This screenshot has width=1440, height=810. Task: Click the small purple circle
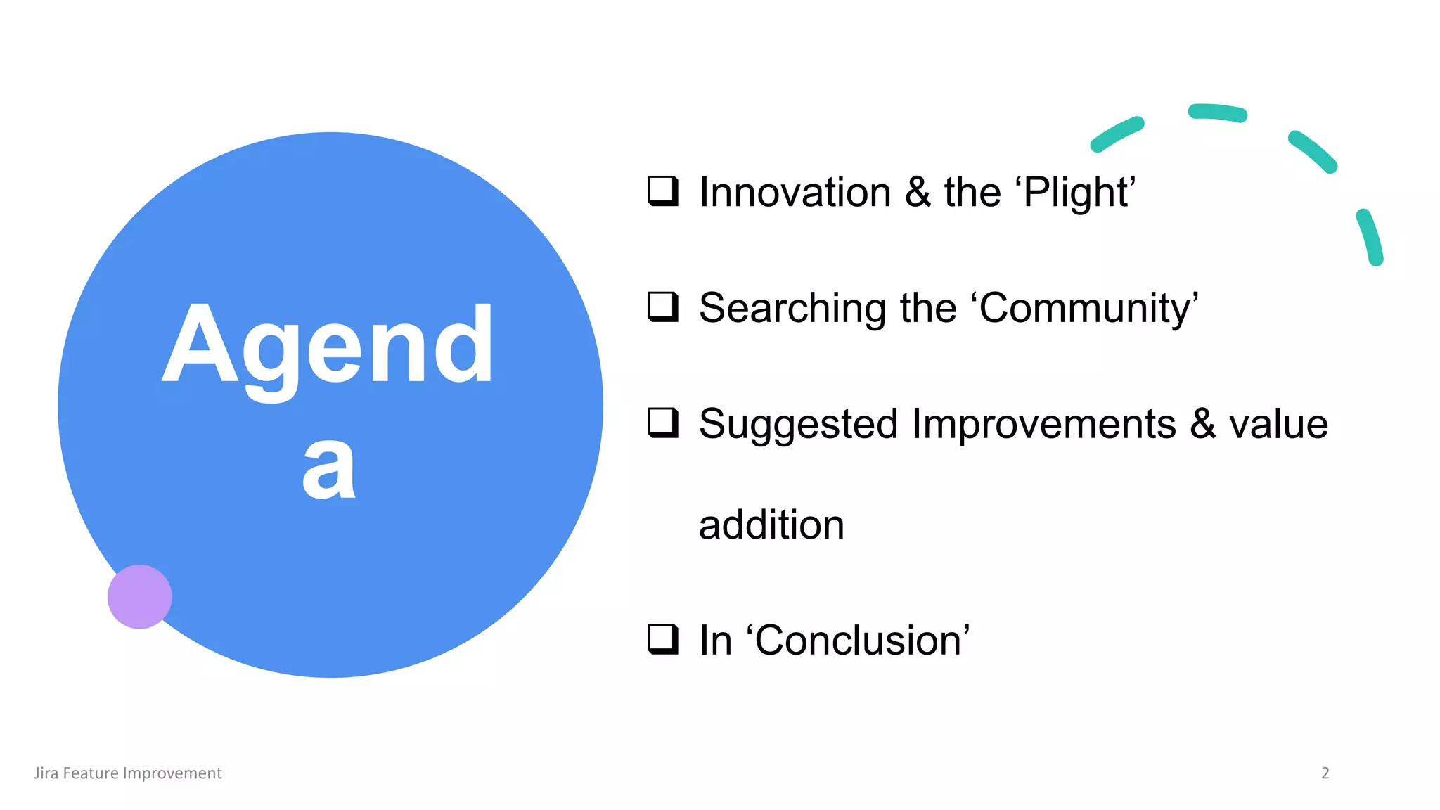click(x=139, y=596)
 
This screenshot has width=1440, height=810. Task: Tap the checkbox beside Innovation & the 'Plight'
click(x=662, y=191)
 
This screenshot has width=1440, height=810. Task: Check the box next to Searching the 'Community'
click(x=662, y=307)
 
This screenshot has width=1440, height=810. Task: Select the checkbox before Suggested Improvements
click(x=662, y=423)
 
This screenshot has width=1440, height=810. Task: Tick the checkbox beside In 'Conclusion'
click(x=662, y=639)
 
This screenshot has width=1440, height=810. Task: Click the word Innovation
click(x=795, y=192)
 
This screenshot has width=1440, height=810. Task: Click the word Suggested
click(x=798, y=425)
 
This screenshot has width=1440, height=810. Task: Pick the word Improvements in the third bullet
click(x=1043, y=424)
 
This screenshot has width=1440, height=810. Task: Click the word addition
click(x=771, y=525)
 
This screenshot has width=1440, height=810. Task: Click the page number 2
click(x=1325, y=773)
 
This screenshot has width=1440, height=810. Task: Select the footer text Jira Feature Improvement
click(x=128, y=773)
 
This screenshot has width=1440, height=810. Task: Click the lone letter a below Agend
click(x=328, y=468)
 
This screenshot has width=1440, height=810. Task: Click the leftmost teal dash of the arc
click(x=1117, y=134)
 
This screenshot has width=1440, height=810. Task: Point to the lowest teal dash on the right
click(x=1370, y=237)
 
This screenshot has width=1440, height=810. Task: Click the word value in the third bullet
click(x=1278, y=425)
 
